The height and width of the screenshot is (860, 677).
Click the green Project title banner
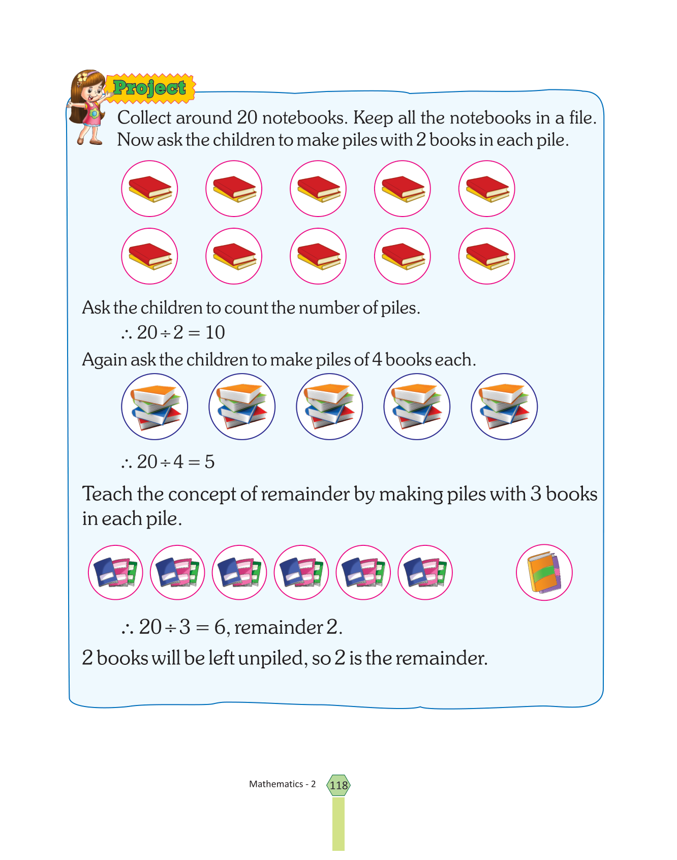(150, 88)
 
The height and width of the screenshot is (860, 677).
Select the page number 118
(338, 785)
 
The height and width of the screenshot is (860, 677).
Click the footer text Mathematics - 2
(282, 784)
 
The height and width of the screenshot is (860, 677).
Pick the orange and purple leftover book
(544, 572)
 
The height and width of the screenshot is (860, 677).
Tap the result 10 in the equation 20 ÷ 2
(215, 332)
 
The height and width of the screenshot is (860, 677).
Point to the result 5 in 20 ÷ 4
(209, 462)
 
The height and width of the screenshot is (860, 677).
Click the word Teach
(108, 494)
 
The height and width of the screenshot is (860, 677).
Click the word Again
(104, 360)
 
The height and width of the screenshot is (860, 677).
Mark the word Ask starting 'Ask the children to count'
(96, 308)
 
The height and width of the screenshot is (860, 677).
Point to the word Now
(135, 140)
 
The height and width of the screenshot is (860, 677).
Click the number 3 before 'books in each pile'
(536, 494)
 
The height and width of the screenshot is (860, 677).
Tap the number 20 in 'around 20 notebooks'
(247, 117)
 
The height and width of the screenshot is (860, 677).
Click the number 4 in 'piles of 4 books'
(377, 359)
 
